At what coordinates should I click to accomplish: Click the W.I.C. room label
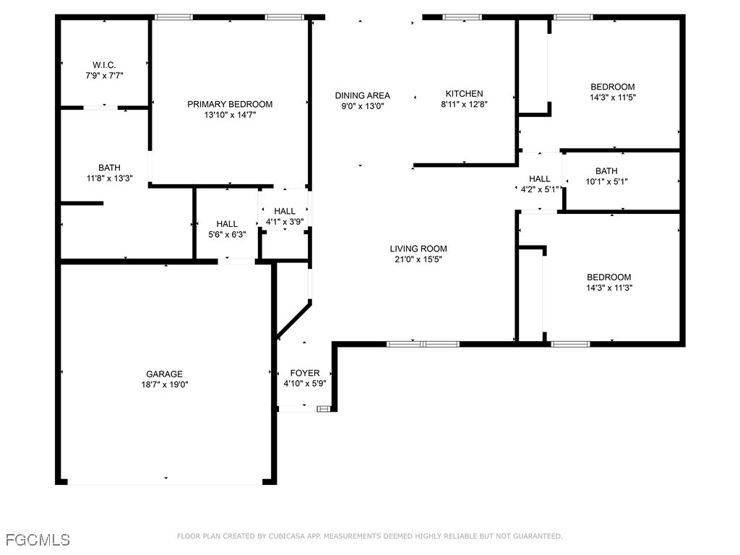click(x=104, y=64)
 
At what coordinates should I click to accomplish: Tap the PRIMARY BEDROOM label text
click(x=230, y=104)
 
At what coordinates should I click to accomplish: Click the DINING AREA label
click(x=362, y=95)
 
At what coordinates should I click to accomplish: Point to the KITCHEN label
click(x=464, y=94)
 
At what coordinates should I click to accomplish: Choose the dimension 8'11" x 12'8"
click(x=464, y=104)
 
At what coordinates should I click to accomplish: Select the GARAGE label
click(x=165, y=374)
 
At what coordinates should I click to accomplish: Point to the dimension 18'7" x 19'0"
click(x=165, y=385)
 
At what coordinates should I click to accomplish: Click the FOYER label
click(x=305, y=374)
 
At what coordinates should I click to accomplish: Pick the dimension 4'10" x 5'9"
click(x=305, y=384)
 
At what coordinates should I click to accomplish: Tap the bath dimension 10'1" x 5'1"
click(x=606, y=182)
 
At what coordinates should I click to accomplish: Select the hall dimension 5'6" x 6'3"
click(x=227, y=235)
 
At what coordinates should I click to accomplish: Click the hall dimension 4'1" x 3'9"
click(x=284, y=222)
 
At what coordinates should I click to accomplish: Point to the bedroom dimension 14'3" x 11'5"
click(x=613, y=98)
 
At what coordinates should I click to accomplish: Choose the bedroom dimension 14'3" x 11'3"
click(x=608, y=288)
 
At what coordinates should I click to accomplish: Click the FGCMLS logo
click(x=38, y=539)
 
